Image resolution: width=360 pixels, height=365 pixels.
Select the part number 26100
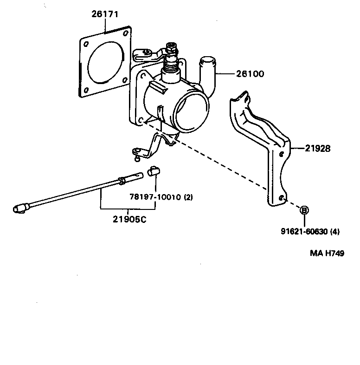click(x=249, y=73)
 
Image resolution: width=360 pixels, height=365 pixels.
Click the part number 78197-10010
click(x=155, y=197)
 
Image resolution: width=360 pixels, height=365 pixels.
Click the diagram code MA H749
click(x=327, y=254)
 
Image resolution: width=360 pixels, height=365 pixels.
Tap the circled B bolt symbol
click(x=304, y=210)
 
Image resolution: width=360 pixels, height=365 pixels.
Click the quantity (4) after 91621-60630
click(x=334, y=232)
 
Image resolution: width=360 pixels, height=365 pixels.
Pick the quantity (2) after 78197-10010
click(x=188, y=197)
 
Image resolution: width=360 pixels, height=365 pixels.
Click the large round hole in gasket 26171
click(x=105, y=62)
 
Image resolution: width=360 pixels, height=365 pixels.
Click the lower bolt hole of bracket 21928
click(x=281, y=197)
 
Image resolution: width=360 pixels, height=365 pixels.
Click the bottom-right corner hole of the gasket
click(x=125, y=79)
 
